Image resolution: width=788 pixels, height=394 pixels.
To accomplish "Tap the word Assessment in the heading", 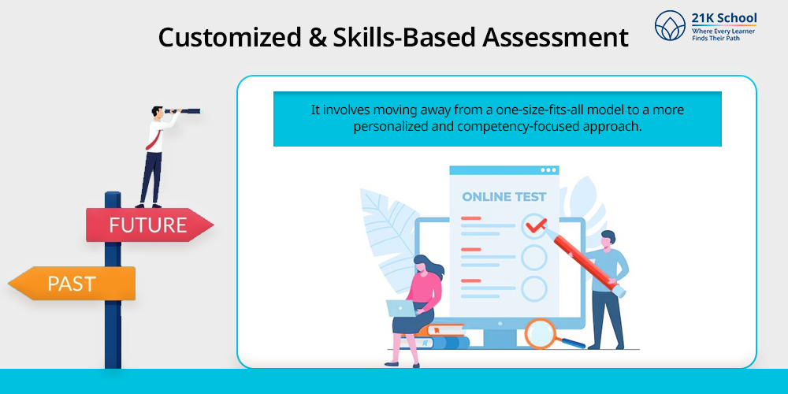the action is [x=556, y=38].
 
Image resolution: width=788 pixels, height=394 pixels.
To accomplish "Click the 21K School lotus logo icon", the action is [x=670, y=25].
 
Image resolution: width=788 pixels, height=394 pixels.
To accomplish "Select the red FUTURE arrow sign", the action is [x=150, y=225].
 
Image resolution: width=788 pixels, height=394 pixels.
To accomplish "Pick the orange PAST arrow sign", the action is [x=72, y=284].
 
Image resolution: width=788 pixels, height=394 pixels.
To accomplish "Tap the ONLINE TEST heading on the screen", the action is [x=504, y=196].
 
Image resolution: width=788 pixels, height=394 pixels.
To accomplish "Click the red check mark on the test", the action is [x=536, y=226].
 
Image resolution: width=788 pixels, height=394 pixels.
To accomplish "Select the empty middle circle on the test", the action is [x=533, y=257].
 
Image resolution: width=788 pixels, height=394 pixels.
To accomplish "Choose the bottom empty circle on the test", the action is [x=533, y=289].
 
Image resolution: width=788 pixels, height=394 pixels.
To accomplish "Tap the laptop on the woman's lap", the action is [x=401, y=309].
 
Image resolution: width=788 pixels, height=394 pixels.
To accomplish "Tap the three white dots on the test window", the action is [x=548, y=170].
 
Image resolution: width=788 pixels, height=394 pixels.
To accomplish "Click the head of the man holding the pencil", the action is [x=608, y=240].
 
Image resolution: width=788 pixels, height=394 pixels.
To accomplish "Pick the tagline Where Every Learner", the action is [x=723, y=32].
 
